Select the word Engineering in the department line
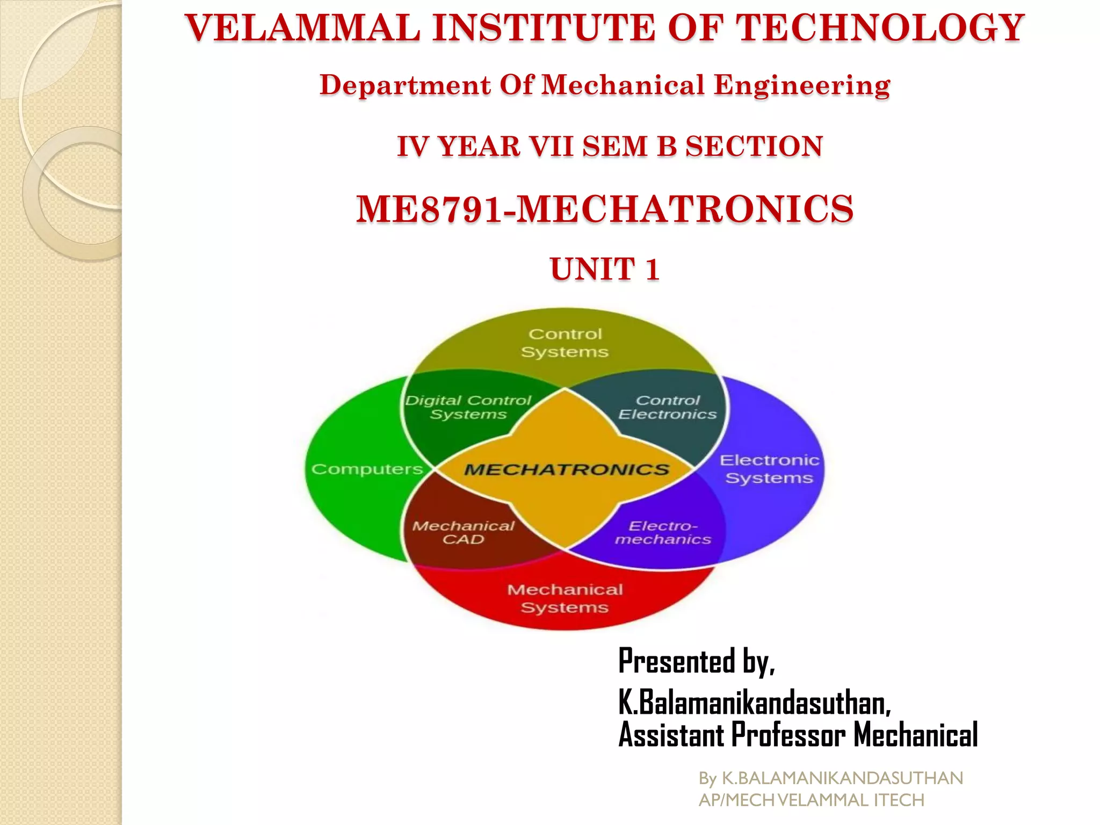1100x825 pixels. click(x=801, y=85)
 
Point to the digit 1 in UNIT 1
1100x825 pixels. click(x=652, y=269)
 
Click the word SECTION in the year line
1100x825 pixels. click(x=754, y=146)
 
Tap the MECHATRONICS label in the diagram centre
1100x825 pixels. click(x=566, y=470)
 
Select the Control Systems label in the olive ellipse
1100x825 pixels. click(x=565, y=343)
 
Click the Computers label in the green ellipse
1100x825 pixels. click(x=367, y=469)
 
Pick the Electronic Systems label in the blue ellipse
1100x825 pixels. click(x=769, y=469)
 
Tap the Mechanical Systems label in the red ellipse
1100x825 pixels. click(x=565, y=598)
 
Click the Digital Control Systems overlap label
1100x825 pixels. click(x=468, y=407)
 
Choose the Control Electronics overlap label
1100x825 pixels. click(x=668, y=407)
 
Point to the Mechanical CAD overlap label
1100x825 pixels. click(x=463, y=532)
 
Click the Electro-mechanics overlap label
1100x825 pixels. click(x=663, y=532)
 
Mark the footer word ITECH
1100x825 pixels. click(x=899, y=800)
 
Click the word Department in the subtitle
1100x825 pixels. click(x=405, y=85)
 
